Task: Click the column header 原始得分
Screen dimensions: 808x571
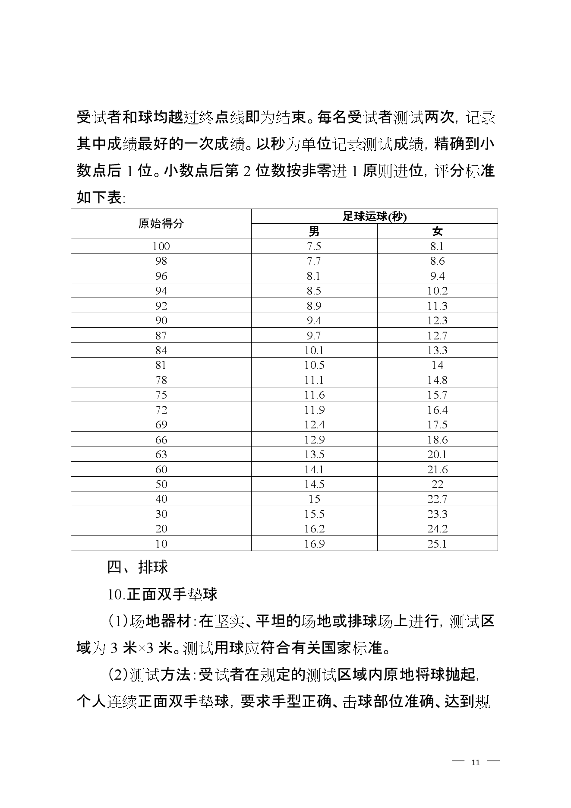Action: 161,224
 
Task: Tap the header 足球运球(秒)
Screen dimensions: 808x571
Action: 375,216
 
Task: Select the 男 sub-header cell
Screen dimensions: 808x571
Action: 314,231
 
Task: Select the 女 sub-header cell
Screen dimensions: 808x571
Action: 437,231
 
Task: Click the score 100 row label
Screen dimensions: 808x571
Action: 161,246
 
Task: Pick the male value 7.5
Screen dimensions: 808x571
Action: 314,246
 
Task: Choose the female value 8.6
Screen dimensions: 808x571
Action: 437,261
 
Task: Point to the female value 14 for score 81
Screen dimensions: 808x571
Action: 437,365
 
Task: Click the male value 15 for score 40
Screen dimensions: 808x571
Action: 314,499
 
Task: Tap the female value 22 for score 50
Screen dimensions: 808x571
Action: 437,484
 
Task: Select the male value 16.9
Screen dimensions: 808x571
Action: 314,543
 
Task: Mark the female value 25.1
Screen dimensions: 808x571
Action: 437,543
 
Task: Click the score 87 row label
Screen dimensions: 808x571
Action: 161,336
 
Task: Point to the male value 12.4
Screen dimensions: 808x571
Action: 314,425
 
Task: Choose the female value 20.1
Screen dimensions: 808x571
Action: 437,454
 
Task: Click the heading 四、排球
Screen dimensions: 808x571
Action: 137,567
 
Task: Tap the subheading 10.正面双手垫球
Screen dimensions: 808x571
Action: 162,594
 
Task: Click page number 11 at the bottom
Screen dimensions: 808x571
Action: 476,762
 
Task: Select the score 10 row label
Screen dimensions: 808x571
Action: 161,543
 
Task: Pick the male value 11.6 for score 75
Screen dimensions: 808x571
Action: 314,395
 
